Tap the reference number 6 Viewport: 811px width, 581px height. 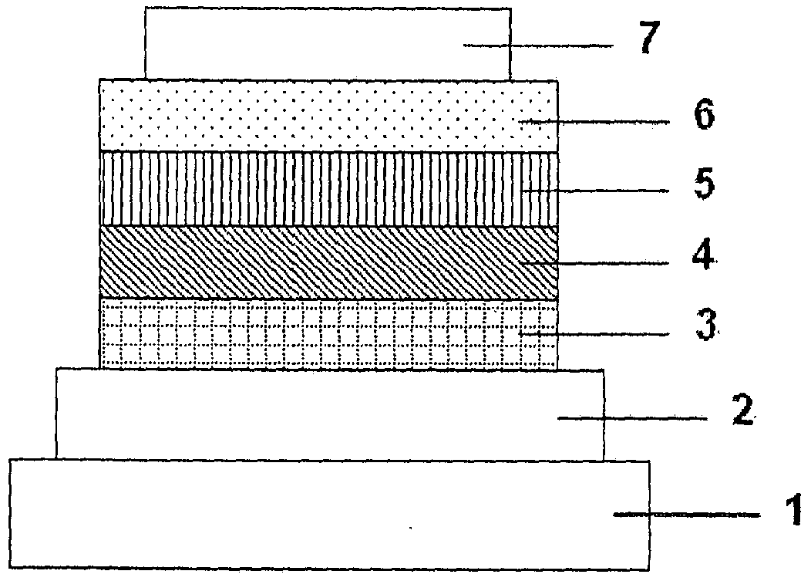(x=704, y=115)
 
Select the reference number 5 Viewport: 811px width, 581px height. (x=704, y=184)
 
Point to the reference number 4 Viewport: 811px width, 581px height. (x=703, y=255)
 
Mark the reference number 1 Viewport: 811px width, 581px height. (x=794, y=509)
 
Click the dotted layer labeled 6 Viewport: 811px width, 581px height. (x=328, y=116)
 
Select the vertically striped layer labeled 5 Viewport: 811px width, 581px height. (x=328, y=189)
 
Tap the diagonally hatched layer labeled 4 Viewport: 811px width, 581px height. (x=328, y=262)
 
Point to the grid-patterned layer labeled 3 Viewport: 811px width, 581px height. (x=328, y=333)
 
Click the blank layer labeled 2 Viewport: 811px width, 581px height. (x=329, y=414)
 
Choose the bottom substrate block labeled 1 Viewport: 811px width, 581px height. (x=329, y=515)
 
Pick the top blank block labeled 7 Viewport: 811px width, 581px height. (x=328, y=43)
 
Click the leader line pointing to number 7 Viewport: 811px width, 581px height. (x=538, y=46)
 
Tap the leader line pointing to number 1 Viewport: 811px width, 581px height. (x=686, y=515)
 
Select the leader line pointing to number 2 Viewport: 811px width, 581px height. (x=632, y=418)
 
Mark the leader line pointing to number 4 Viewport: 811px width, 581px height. (x=595, y=264)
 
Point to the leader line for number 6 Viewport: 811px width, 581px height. (x=595, y=122)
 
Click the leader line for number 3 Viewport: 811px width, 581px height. (x=595, y=335)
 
